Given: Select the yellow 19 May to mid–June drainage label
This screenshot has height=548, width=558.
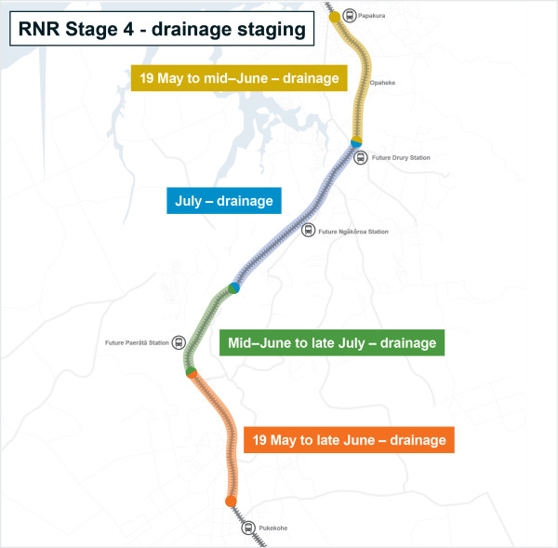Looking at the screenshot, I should pyautogui.click(x=236, y=77).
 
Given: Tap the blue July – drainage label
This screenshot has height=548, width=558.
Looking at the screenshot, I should pyautogui.click(x=223, y=200).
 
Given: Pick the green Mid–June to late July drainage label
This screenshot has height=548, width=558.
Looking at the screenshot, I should pyautogui.click(x=332, y=343).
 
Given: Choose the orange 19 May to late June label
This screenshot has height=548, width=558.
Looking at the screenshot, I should pyautogui.click(x=349, y=439).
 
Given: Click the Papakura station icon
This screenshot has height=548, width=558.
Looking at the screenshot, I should pyautogui.click(x=350, y=15).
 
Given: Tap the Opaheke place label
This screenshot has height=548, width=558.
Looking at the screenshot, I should pyautogui.click(x=383, y=83).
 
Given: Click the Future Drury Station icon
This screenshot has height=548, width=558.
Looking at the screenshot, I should pyautogui.click(x=364, y=157).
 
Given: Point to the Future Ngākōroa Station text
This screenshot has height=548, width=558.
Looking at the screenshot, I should pyautogui.click(x=353, y=231).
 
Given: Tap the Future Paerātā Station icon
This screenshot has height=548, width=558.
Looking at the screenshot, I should pyautogui.click(x=179, y=342).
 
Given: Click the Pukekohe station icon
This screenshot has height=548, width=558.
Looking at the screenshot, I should pyautogui.click(x=248, y=528).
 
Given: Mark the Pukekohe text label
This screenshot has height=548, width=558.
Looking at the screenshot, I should pyautogui.click(x=273, y=528).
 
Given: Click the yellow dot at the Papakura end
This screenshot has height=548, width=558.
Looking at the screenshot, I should pyautogui.click(x=335, y=17).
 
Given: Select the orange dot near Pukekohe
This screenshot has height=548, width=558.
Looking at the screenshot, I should pyautogui.click(x=231, y=501).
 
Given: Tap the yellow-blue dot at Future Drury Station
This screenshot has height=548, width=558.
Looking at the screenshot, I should pyautogui.click(x=355, y=141).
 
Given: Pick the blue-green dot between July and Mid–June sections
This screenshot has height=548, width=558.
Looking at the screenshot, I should pyautogui.click(x=234, y=287).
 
